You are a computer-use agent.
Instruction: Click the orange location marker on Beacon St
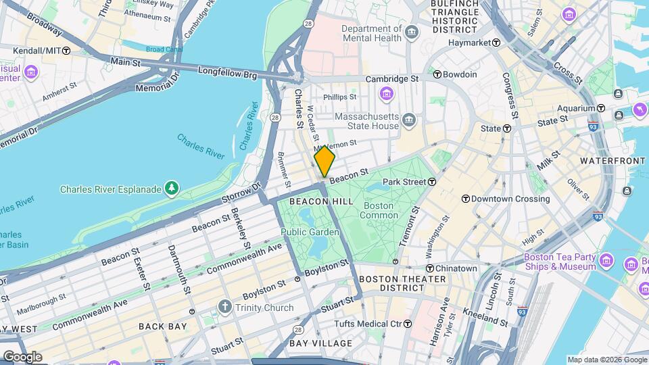click(x=324, y=162)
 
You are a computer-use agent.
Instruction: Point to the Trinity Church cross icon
click(x=225, y=308)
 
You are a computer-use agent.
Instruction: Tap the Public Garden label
click(x=310, y=232)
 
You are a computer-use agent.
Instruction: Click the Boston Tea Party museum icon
click(x=606, y=261)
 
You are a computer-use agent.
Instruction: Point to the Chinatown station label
click(x=455, y=268)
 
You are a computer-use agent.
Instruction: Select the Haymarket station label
click(x=472, y=43)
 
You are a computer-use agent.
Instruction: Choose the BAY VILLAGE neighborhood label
click(x=317, y=343)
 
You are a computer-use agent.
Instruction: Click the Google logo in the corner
click(x=22, y=356)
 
